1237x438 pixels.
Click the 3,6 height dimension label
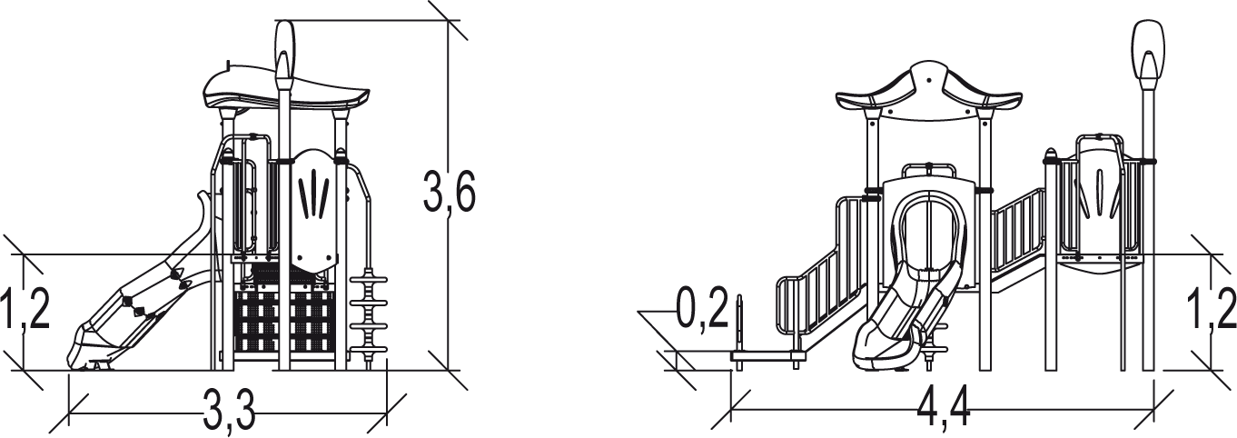point(449,192)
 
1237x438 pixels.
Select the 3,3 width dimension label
point(229,409)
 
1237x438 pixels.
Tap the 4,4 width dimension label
point(944,409)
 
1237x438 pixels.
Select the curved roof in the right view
point(929,94)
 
